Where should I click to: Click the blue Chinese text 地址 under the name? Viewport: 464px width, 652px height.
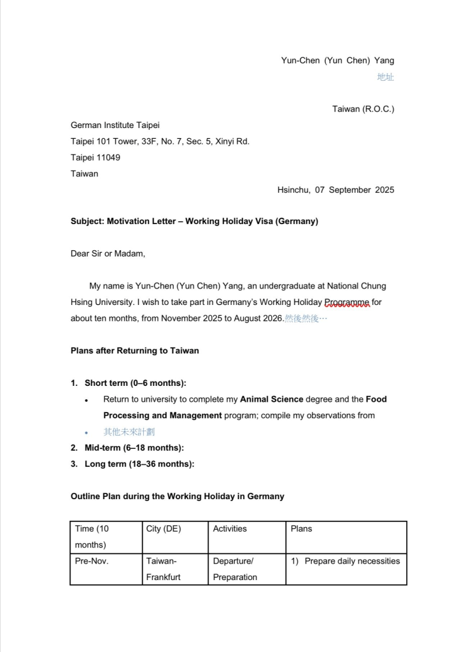click(385, 77)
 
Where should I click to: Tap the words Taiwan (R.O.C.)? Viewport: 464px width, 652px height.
click(363, 109)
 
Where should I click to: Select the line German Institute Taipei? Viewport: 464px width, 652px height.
click(115, 125)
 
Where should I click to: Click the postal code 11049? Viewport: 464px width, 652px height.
click(108, 157)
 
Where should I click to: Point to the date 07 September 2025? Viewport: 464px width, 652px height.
click(355, 190)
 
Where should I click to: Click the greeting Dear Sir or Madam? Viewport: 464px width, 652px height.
click(108, 253)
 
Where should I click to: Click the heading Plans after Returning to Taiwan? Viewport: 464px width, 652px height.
click(134, 351)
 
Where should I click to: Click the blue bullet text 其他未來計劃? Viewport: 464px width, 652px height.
click(129, 432)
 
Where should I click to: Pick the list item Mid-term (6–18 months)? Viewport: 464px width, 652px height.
click(134, 448)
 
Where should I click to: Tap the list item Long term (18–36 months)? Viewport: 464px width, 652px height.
click(139, 464)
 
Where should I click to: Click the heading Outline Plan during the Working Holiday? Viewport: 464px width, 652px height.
click(177, 496)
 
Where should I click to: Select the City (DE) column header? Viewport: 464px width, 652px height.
click(164, 528)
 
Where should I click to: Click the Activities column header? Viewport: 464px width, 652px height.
click(230, 528)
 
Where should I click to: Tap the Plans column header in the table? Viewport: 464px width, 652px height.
click(302, 528)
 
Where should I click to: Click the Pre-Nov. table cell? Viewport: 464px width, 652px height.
click(92, 561)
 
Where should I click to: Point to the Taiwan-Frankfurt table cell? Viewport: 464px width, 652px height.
click(163, 569)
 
